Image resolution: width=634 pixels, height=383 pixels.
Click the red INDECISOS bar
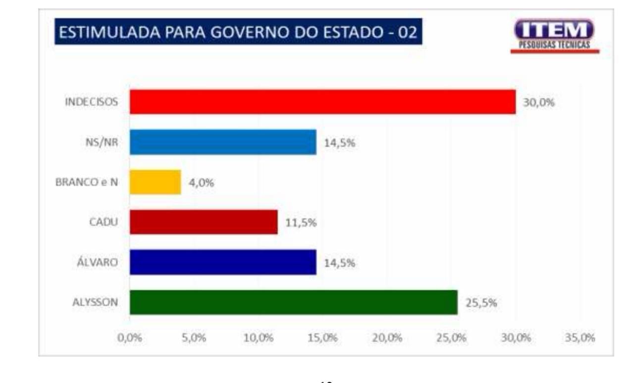(322, 102)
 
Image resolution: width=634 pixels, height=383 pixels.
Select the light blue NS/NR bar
(223, 142)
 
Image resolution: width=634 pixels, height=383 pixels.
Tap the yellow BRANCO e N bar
(155, 182)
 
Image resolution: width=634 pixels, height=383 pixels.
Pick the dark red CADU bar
(204, 222)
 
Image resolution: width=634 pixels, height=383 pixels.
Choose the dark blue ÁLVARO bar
(223, 262)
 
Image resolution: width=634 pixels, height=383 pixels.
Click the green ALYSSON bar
(294, 302)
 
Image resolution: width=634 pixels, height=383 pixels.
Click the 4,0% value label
(201, 183)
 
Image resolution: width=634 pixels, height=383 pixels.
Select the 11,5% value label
(301, 223)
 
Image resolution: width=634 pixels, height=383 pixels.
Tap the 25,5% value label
(480, 303)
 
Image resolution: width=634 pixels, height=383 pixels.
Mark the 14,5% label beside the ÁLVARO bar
(340, 263)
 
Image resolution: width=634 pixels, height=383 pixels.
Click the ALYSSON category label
(95, 302)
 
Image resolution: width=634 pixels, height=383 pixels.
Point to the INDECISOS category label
(92, 102)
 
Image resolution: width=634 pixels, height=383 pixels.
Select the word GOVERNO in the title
(251, 33)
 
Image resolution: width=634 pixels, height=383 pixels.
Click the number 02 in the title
(405, 33)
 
